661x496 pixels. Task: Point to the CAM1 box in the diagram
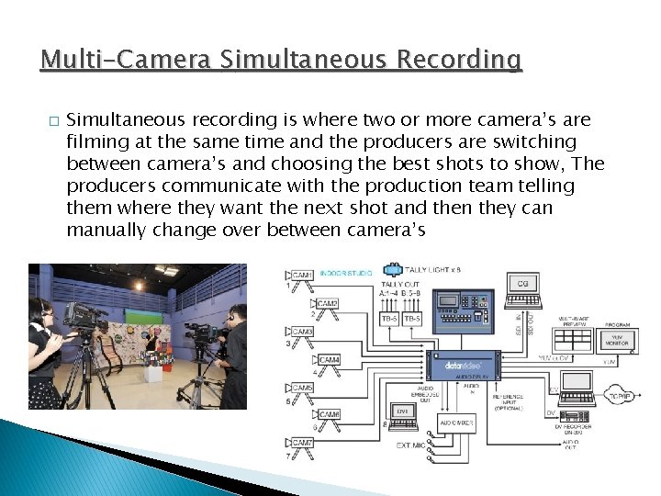coord(302,275)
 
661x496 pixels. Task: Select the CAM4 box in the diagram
coord(329,360)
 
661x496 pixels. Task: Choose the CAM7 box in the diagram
coord(302,443)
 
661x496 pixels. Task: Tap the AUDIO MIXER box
coord(457,423)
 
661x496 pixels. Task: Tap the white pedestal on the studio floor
coord(152,371)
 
